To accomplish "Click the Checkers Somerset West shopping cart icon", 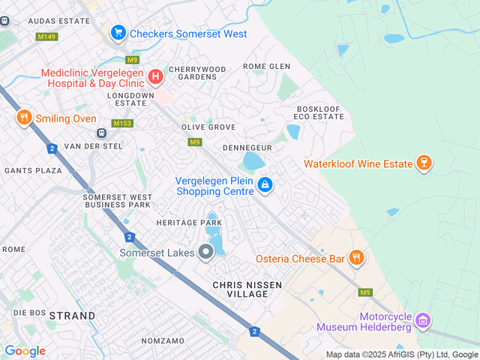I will pos(118,32).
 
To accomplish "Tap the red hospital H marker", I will pos(155,76).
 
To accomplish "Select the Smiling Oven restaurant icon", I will pos(24,118).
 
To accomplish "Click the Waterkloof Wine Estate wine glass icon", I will pos(424,163).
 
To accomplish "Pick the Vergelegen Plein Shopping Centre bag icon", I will pos(265,184).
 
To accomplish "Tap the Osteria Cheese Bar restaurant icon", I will pos(356,258).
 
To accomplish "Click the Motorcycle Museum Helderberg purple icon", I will pos(423,320).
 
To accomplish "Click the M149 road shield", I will pos(46,35).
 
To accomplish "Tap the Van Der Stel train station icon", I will pos(101,133).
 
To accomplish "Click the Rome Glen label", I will pos(266,66).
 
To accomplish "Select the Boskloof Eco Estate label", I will pos(319,112).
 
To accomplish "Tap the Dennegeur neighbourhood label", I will pos(247,148).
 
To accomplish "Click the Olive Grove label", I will pos(208,127).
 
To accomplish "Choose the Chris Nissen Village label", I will pos(240,289).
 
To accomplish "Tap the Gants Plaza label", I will pos(33,171).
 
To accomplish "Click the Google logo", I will pos(25,351).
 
